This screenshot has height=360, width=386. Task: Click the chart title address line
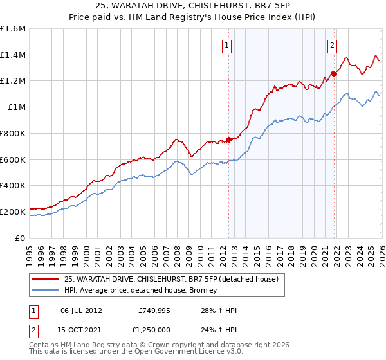(x=193, y=5)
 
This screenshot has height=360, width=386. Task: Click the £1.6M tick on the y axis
(x=13, y=29)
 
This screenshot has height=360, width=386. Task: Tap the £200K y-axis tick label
(x=13, y=212)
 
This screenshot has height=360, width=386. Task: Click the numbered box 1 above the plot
(x=228, y=45)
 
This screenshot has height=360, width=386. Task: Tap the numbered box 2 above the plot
(x=332, y=45)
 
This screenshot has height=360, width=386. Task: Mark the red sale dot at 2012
(x=228, y=139)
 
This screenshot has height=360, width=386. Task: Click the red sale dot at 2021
(x=334, y=74)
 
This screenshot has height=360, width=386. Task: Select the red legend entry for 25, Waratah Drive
(x=170, y=279)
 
